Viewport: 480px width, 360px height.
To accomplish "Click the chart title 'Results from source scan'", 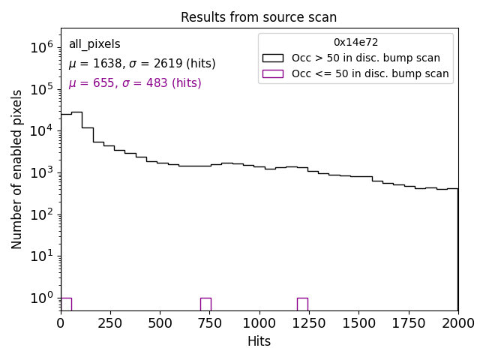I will (x=259, y=17).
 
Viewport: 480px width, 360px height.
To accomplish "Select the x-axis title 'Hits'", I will (x=259, y=341).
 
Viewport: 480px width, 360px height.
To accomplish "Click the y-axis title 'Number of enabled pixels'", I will (x=16, y=169).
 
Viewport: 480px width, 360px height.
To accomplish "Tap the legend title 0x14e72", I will (x=355, y=43).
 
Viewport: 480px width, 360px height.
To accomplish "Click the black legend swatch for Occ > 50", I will (x=272, y=58).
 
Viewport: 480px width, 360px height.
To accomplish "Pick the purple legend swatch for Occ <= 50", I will (x=272, y=73).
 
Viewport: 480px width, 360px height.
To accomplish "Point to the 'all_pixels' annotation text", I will (x=94, y=44).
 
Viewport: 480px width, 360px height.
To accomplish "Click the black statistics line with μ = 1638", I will (x=142, y=64).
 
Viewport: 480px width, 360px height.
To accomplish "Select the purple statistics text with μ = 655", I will (x=135, y=83).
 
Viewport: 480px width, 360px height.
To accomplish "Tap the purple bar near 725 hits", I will (x=205, y=304).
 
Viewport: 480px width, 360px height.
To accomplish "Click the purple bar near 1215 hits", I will (x=302, y=304).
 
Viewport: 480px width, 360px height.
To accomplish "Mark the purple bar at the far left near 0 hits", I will (x=66, y=304).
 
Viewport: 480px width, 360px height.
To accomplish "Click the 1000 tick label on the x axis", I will (x=259, y=322).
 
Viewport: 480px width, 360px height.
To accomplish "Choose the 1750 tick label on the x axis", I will (x=408, y=322).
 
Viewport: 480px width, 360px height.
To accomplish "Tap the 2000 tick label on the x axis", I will (x=457, y=322).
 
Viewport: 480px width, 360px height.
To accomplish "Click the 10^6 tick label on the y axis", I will (x=41, y=47).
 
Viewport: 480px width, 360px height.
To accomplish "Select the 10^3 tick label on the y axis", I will (x=41, y=172).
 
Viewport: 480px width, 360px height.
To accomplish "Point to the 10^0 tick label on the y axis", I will (x=41, y=298).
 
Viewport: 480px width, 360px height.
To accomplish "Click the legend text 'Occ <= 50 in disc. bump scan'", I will (x=370, y=73).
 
